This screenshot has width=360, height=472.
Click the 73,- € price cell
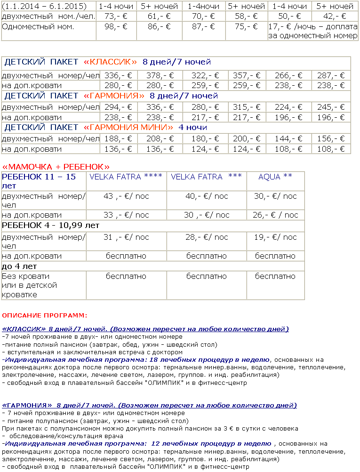(117, 16)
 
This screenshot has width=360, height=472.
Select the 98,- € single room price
(117, 26)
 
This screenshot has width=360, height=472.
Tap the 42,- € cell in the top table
(335, 16)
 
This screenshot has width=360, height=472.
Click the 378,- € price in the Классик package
(160, 75)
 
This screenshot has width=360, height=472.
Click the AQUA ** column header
(275, 177)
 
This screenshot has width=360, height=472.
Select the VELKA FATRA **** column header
(126, 177)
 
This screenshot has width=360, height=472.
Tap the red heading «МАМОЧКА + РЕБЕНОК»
(56, 167)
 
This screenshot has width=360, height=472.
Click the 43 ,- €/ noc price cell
(126, 196)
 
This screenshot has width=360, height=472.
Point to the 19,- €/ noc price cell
(275, 237)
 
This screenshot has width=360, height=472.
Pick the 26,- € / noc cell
(275, 215)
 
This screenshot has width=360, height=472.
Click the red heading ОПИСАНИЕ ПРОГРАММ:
(45, 315)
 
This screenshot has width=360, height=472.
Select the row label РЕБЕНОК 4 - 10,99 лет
(51, 226)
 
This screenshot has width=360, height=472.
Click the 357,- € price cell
(247, 75)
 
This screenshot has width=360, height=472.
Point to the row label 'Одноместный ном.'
(38, 26)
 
